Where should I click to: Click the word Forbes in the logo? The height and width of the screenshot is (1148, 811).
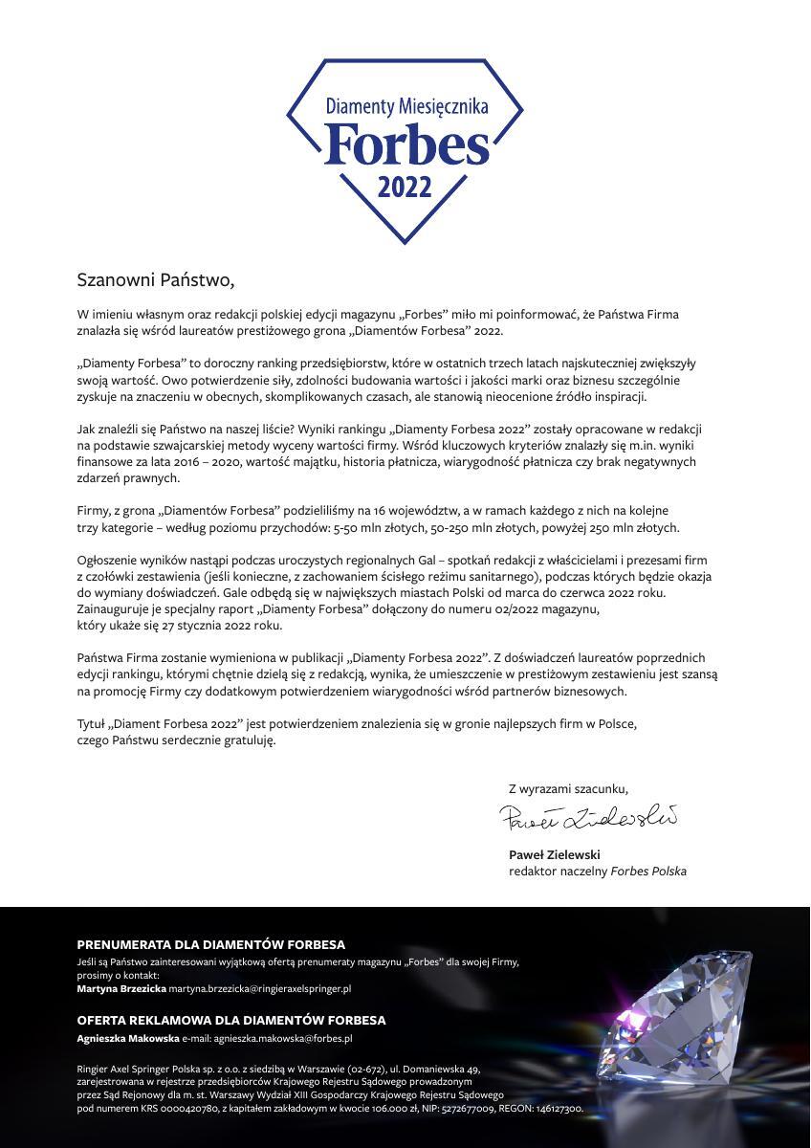[405, 144]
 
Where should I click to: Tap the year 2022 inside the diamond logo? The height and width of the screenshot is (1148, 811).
[405, 188]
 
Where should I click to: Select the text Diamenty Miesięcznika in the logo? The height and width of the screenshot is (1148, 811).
[405, 107]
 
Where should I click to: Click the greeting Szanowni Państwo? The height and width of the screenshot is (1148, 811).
[155, 280]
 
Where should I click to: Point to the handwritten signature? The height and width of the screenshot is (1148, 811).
[587, 817]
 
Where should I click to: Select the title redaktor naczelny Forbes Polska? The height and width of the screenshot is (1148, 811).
[597, 872]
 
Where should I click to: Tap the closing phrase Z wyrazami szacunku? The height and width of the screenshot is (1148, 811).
[568, 788]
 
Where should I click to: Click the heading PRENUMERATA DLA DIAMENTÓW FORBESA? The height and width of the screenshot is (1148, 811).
[210, 944]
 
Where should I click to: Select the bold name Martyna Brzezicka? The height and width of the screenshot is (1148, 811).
[121, 988]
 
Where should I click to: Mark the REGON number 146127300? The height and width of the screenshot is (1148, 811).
[558, 1109]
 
